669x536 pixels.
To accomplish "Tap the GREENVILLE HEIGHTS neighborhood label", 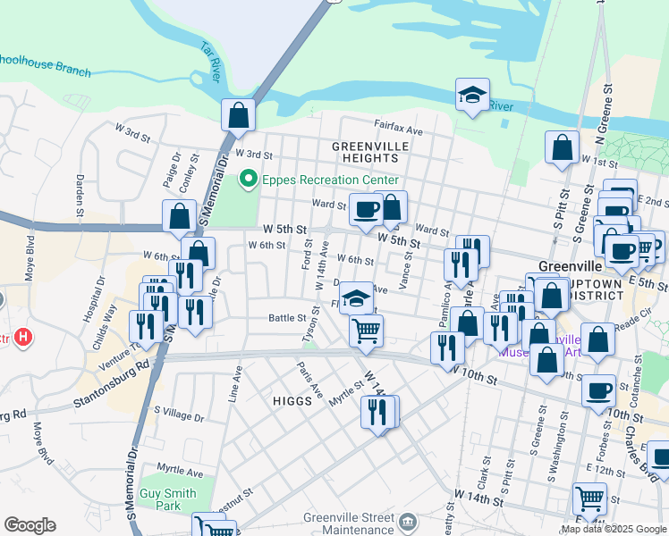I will point(369,152).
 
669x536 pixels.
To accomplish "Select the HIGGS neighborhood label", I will point(293,401).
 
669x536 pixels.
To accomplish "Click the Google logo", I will point(30,525).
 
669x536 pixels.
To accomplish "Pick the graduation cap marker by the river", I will point(472,95).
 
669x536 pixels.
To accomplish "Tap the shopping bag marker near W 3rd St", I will point(239,114).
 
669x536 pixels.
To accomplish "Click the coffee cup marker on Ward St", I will point(365,210).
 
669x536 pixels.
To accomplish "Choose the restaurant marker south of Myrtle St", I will point(378,412).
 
